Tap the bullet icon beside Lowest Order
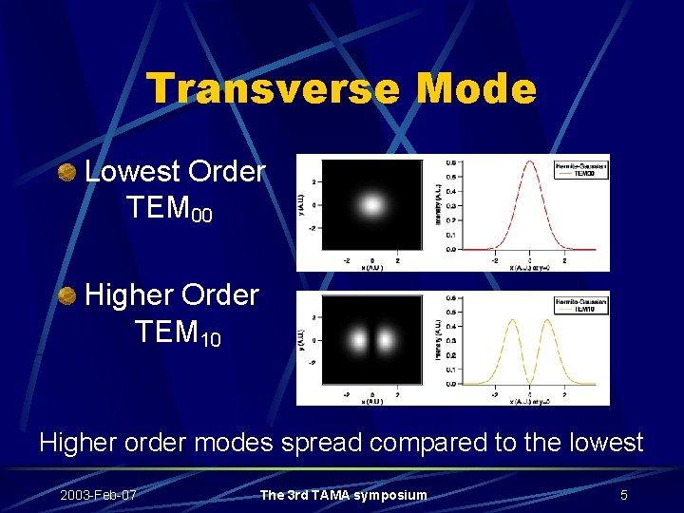(x=66, y=173)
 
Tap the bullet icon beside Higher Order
(x=66, y=296)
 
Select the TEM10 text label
(x=178, y=332)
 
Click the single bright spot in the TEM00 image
(x=371, y=204)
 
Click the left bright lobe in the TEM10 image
(x=359, y=339)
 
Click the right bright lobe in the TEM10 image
(x=386, y=339)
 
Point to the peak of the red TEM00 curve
(x=528, y=164)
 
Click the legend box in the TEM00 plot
(x=579, y=169)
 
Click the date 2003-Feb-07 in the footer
(x=98, y=495)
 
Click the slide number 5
(x=623, y=495)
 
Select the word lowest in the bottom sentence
(x=597, y=443)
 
